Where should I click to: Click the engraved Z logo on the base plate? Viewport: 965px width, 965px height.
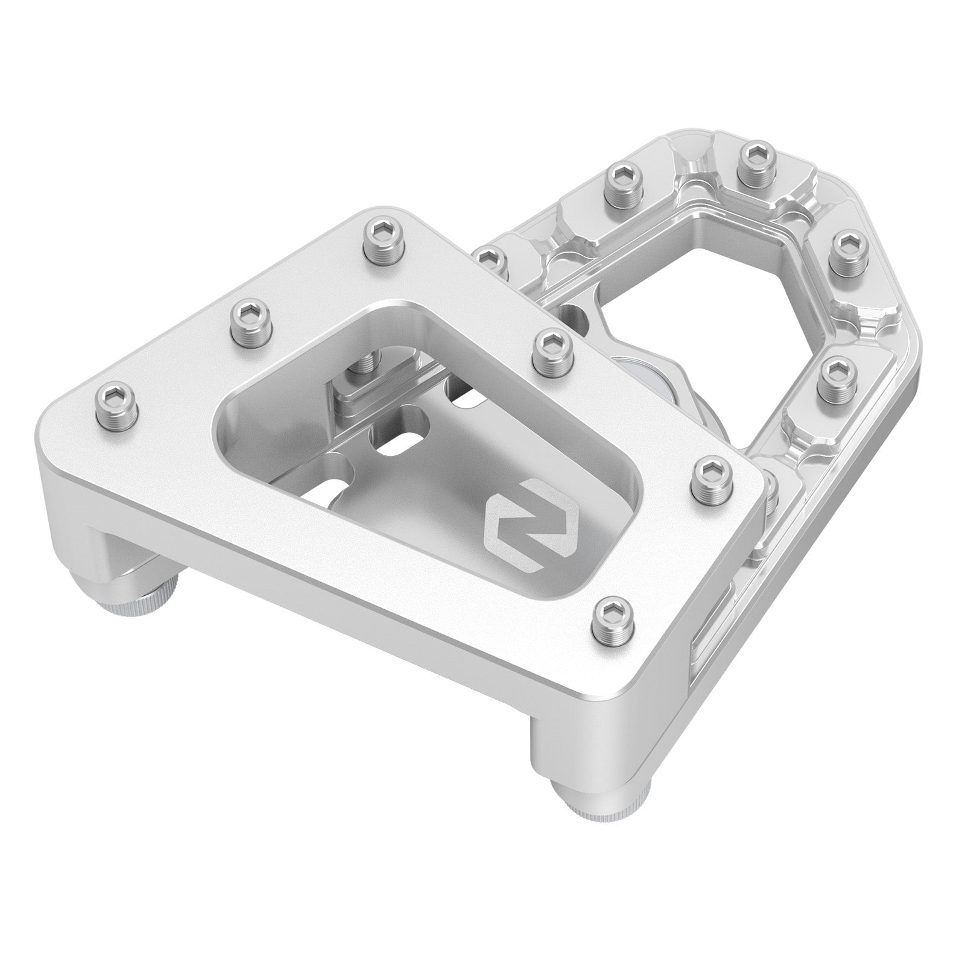(530, 526)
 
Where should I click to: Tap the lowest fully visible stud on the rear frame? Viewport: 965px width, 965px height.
(837, 376)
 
